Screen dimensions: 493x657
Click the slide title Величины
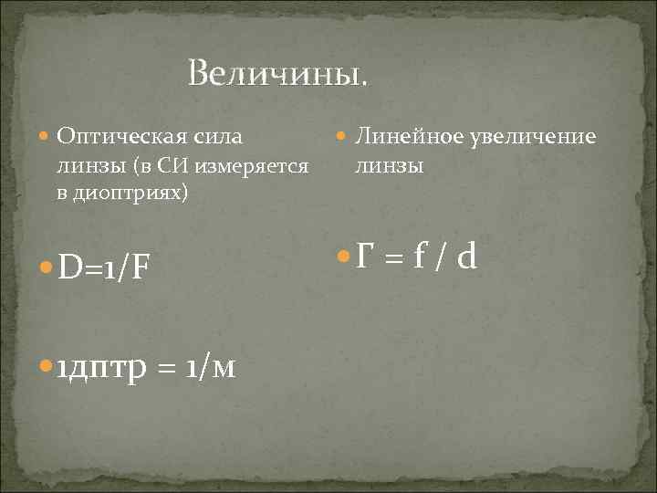point(279,72)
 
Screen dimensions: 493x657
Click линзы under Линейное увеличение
point(389,166)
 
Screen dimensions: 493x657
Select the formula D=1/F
point(103,270)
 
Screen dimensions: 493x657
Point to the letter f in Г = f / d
point(417,258)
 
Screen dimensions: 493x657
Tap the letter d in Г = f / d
point(466,258)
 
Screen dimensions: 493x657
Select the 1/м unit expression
point(210,368)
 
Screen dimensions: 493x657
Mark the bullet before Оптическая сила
point(47,138)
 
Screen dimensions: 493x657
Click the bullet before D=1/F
point(47,270)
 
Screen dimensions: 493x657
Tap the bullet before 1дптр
point(47,368)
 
